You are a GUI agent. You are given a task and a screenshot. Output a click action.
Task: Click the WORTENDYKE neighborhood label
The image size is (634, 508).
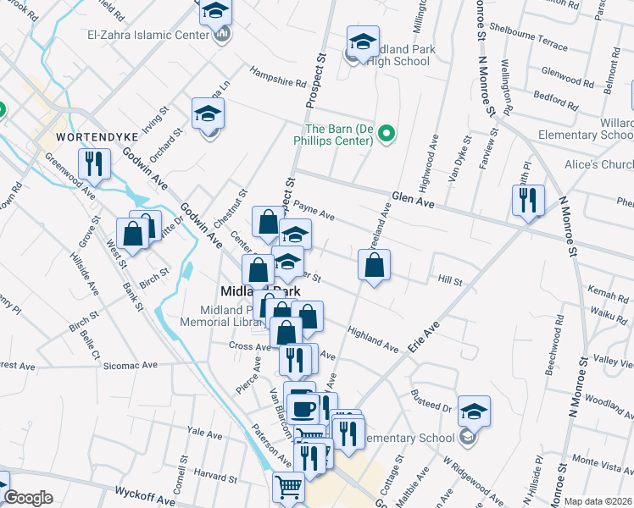tap(84, 136)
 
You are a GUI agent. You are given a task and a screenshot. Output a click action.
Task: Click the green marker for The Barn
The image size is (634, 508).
tap(387, 133)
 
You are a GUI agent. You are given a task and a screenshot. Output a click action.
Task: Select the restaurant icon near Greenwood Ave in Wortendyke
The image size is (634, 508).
tap(94, 163)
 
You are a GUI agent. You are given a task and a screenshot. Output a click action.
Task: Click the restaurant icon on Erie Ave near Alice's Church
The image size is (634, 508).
tap(528, 200)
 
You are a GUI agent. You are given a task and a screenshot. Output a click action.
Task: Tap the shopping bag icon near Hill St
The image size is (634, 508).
tap(374, 264)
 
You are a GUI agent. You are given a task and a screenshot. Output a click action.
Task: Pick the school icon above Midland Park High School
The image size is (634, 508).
tap(363, 42)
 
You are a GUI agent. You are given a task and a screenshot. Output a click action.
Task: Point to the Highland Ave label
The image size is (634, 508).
tap(372, 340)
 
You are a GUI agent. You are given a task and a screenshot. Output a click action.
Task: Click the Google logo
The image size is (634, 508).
tap(28, 498)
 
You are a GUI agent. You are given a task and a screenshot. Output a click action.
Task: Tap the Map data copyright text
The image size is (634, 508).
tap(597, 501)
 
